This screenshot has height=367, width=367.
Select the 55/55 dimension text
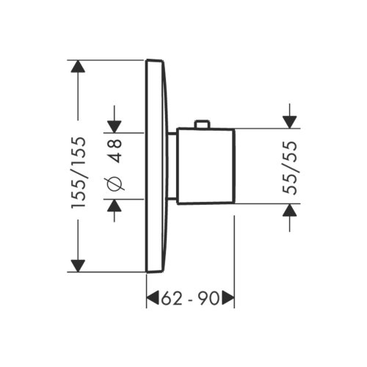[291, 167]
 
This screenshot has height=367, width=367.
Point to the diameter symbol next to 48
[116, 185]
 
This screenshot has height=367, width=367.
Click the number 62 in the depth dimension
[171, 298]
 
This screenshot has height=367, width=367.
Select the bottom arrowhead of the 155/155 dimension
[79, 264]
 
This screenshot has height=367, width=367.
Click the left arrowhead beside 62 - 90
[153, 298]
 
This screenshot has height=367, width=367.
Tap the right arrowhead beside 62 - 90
[228, 298]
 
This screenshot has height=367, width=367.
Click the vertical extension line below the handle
[233, 250]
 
